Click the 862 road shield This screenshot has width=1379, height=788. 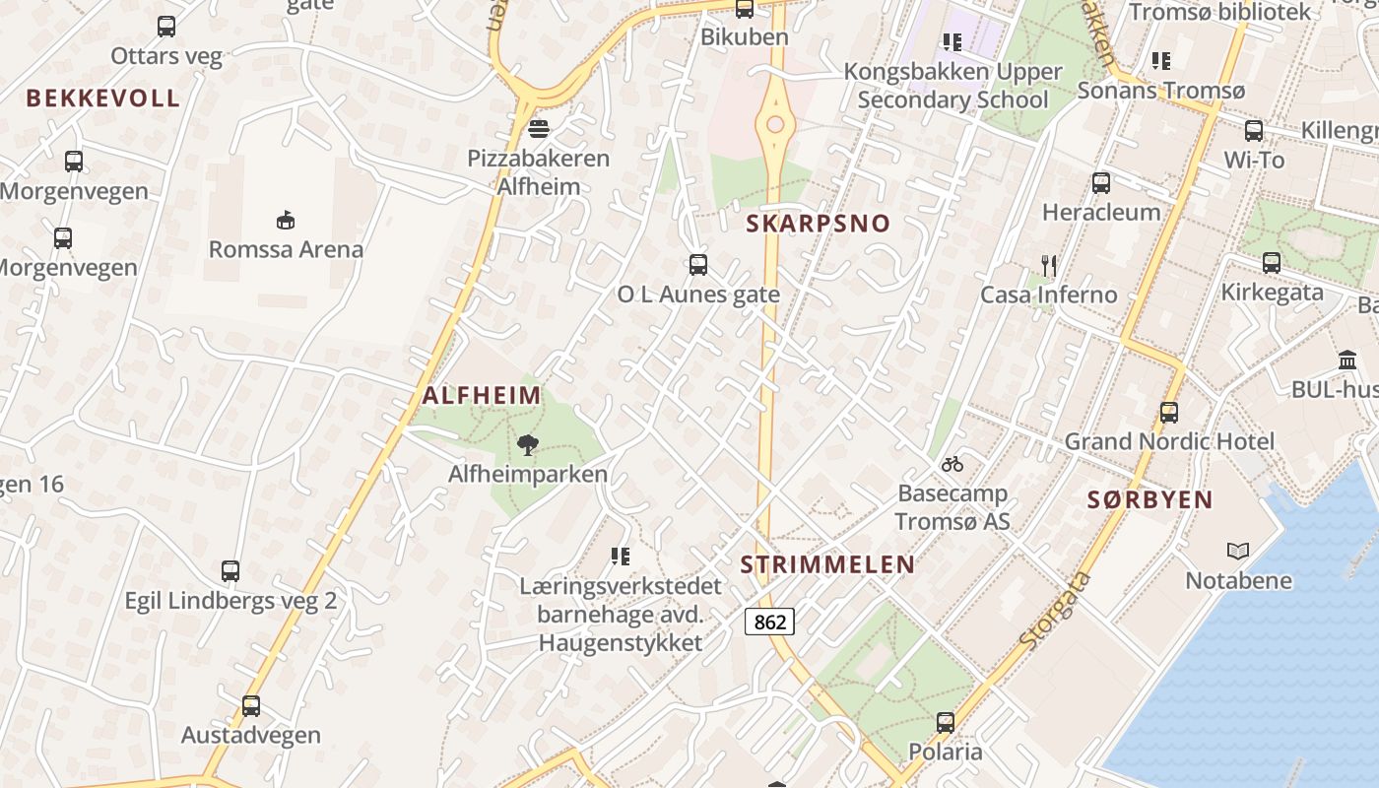pyautogui.click(x=769, y=622)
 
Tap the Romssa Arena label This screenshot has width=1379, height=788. pyautogui.click(x=286, y=249)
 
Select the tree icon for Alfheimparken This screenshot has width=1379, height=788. pyautogui.click(x=528, y=445)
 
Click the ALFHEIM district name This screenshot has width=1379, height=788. pyautogui.click(x=482, y=396)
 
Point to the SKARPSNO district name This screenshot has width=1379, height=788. pyautogui.click(x=818, y=224)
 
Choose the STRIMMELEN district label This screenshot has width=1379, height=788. pyautogui.click(x=827, y=564)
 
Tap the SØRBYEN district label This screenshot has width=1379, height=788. pyautogui.click(x=1149, y=499)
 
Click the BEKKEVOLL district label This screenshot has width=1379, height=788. pyautogui.click(x=103, y=98)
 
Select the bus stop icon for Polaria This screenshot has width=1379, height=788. pyautogui.click(x=946, y=723)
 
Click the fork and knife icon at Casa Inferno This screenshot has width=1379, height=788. pyautogui.click(x=1049, y=265)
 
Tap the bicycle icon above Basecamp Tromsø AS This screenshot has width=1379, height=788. pyautogui.click(x=952, y=464)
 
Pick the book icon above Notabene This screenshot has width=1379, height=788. pyautogui.click(x=1238, y=552)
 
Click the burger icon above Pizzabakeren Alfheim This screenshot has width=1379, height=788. pyautogui.click(x=538, y=128)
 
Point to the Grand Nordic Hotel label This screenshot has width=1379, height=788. pyautogui.click(x=1169, y=441)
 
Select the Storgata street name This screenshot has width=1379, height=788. pyautogui.click(x=1055, y=610)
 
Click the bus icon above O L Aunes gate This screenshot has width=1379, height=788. pyautogui.click(x=698, y=264)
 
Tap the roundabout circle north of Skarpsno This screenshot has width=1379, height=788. pyautogui.click(x=776, y=124)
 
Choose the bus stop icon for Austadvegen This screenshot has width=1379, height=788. pyautogui.click(x=251, y=705)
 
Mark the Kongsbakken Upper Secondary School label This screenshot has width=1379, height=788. pyautogui.click(x=952, y=86)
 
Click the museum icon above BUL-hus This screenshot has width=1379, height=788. pyautogui.click(x=1347, y=361)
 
